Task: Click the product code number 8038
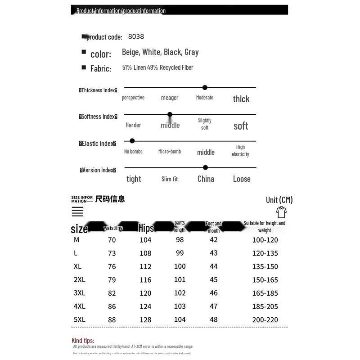coord(136,36)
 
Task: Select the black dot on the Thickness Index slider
coord(205,88)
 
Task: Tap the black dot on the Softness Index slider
coord(170,115)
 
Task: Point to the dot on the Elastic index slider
coord(132,141)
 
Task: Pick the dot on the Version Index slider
coord(206,167)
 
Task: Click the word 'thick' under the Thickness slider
coord(241,99)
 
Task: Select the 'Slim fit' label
coord(170,179)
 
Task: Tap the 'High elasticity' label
coord(241,151)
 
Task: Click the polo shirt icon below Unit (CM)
coord(281,212)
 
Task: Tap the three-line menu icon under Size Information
coord(77,211)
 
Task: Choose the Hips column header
coord(146,228)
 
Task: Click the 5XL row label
coord(79,319)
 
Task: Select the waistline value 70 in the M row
coord(112,240)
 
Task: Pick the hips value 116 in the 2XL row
coord(145,280)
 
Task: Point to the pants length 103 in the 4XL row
coord(180,306)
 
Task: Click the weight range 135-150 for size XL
coord(265,266)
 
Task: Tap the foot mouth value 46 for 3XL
coord(214,293)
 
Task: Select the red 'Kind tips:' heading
coord(83,341)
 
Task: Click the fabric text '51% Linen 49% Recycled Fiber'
coord(157,67)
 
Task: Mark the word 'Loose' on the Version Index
coord(242,179)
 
